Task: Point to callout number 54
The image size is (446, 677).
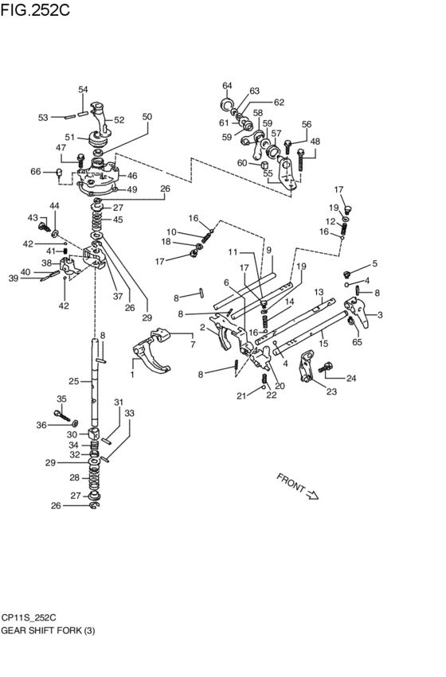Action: point(83,90)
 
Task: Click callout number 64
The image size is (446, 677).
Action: point(227,85)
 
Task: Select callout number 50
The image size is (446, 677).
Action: point(147,117)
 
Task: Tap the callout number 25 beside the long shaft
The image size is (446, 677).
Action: point(73,382)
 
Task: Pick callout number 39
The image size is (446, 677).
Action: point(13,278)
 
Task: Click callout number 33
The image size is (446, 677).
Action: point(129,413)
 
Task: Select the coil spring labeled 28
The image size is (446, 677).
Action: point(95,478)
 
